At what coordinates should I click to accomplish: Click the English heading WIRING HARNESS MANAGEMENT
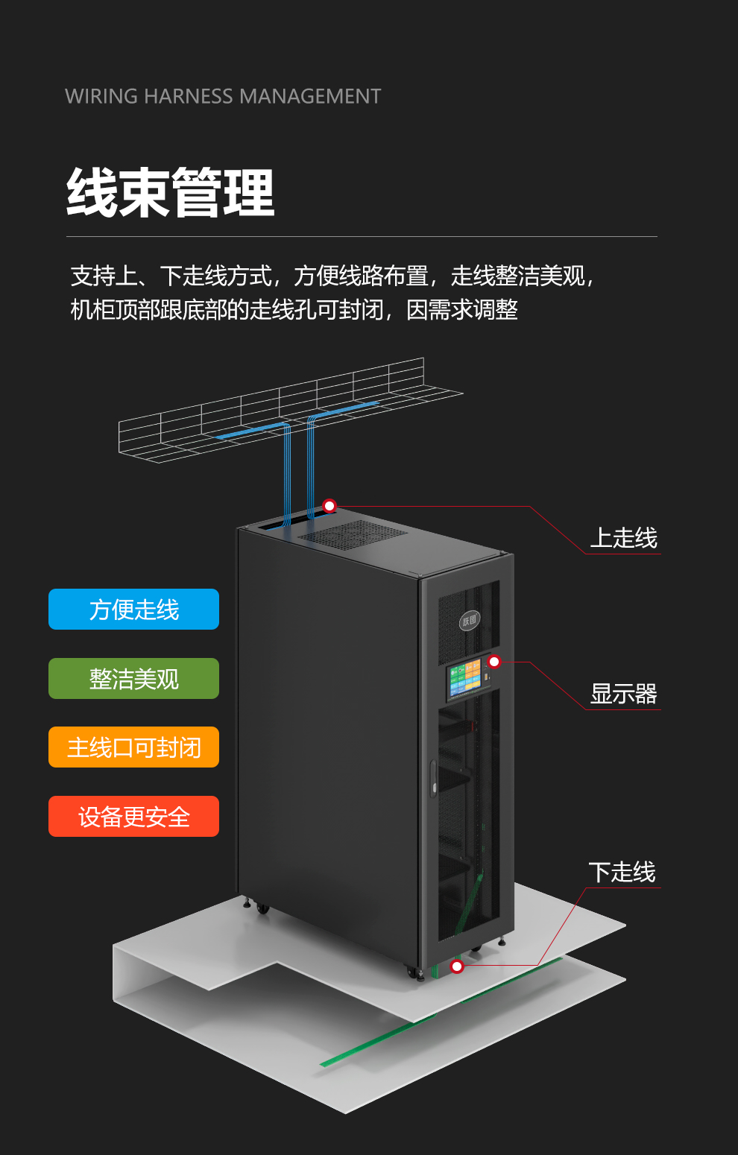pyautogui.click(x=223, y=96)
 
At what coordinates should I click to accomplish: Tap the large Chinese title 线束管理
pyautogui.click(x=170, y=192)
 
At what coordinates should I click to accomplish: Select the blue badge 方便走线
pyautogui.click(x=133, y=609)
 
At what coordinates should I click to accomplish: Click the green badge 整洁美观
pyautogui.click(x=133, y=678)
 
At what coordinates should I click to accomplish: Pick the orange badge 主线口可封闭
pyautogui.click(x=133, y=747)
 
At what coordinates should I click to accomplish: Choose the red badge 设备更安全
pyautogui.click(x=133, y=816)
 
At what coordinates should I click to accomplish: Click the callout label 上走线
pyautogui.click(x=623, y=538)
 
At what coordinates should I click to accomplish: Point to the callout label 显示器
pyautogui.click(x=623, y=694)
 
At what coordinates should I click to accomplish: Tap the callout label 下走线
pyautogui.click(x=622, y=872)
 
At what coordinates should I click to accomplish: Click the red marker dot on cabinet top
pyautogui.click(x=329, y=506)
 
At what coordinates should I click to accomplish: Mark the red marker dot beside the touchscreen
pyautogui.click(x=494, y=662)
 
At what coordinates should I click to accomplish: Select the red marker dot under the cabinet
pyautogui.click(x=457, y=966)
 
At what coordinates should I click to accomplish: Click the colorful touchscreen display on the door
pyautogui.click(x=465, y=679)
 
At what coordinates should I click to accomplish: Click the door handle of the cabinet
pyautogui.click(x=433, y=778)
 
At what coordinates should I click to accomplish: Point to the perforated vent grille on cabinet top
pyautogui.click(x=353, y=535)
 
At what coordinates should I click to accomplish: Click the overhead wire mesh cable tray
pyautogui.click(x=290, y=410)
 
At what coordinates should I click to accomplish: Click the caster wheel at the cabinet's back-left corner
pyautogui.click(x=263, y=908)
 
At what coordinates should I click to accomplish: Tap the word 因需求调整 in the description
pyautogui.click(x=461, y=310)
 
